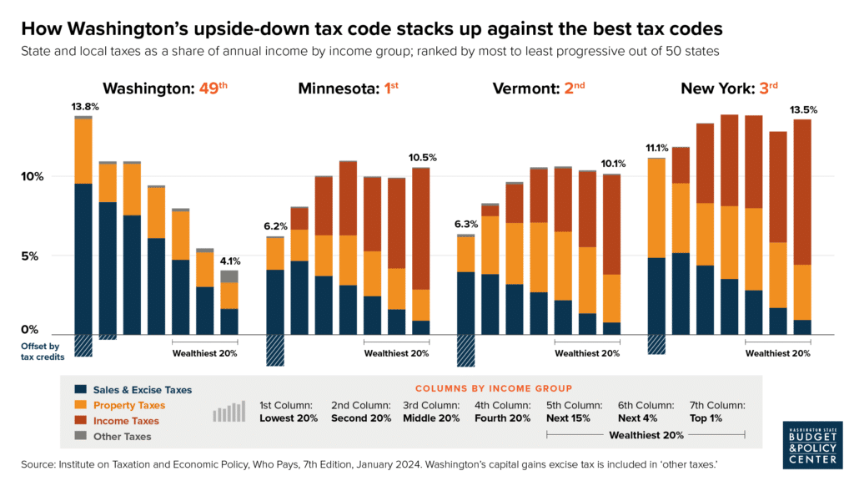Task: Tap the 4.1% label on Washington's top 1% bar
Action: tap(229, 260)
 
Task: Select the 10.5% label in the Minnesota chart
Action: tap(423, 157)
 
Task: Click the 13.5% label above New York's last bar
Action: tap(802, 109)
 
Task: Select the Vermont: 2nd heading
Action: tap(540, 89)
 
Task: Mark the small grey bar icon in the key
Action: tap(229, 412)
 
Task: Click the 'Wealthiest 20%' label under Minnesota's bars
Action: tap(396, 353)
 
